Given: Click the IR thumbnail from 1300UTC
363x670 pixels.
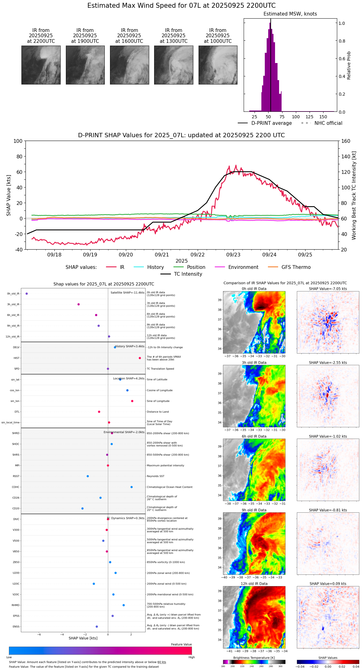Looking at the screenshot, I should point(173,65).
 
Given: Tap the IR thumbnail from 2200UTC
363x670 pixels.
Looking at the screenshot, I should point(41,65).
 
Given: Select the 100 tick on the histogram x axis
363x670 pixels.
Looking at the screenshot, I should point(296,117).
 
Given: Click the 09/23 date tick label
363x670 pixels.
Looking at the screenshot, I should point(233,255).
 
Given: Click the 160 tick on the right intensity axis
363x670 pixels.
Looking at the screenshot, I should point(346,141).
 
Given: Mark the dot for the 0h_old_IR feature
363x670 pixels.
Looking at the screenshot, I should point(26,293).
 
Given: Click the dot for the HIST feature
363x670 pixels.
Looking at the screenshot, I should point(140,358).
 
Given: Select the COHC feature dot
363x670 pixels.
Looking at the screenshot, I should point(131,487).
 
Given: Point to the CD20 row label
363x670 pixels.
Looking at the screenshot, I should point(16,509).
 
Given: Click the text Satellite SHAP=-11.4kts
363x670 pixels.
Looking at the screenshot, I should point(127,292).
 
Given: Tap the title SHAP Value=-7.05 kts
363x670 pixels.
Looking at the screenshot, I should point(328,289).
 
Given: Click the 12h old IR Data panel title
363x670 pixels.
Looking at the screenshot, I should point(254,584).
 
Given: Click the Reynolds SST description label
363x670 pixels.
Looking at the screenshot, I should point(155,476).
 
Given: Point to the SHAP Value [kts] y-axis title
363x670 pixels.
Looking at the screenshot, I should point(9,195).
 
